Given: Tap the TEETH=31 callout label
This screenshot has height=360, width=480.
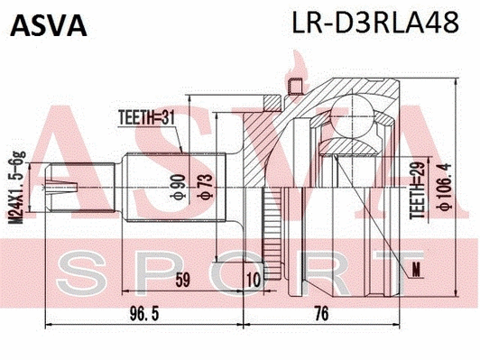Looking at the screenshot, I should [146, 116].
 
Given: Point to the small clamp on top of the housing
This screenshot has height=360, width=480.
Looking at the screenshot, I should [292, 87].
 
